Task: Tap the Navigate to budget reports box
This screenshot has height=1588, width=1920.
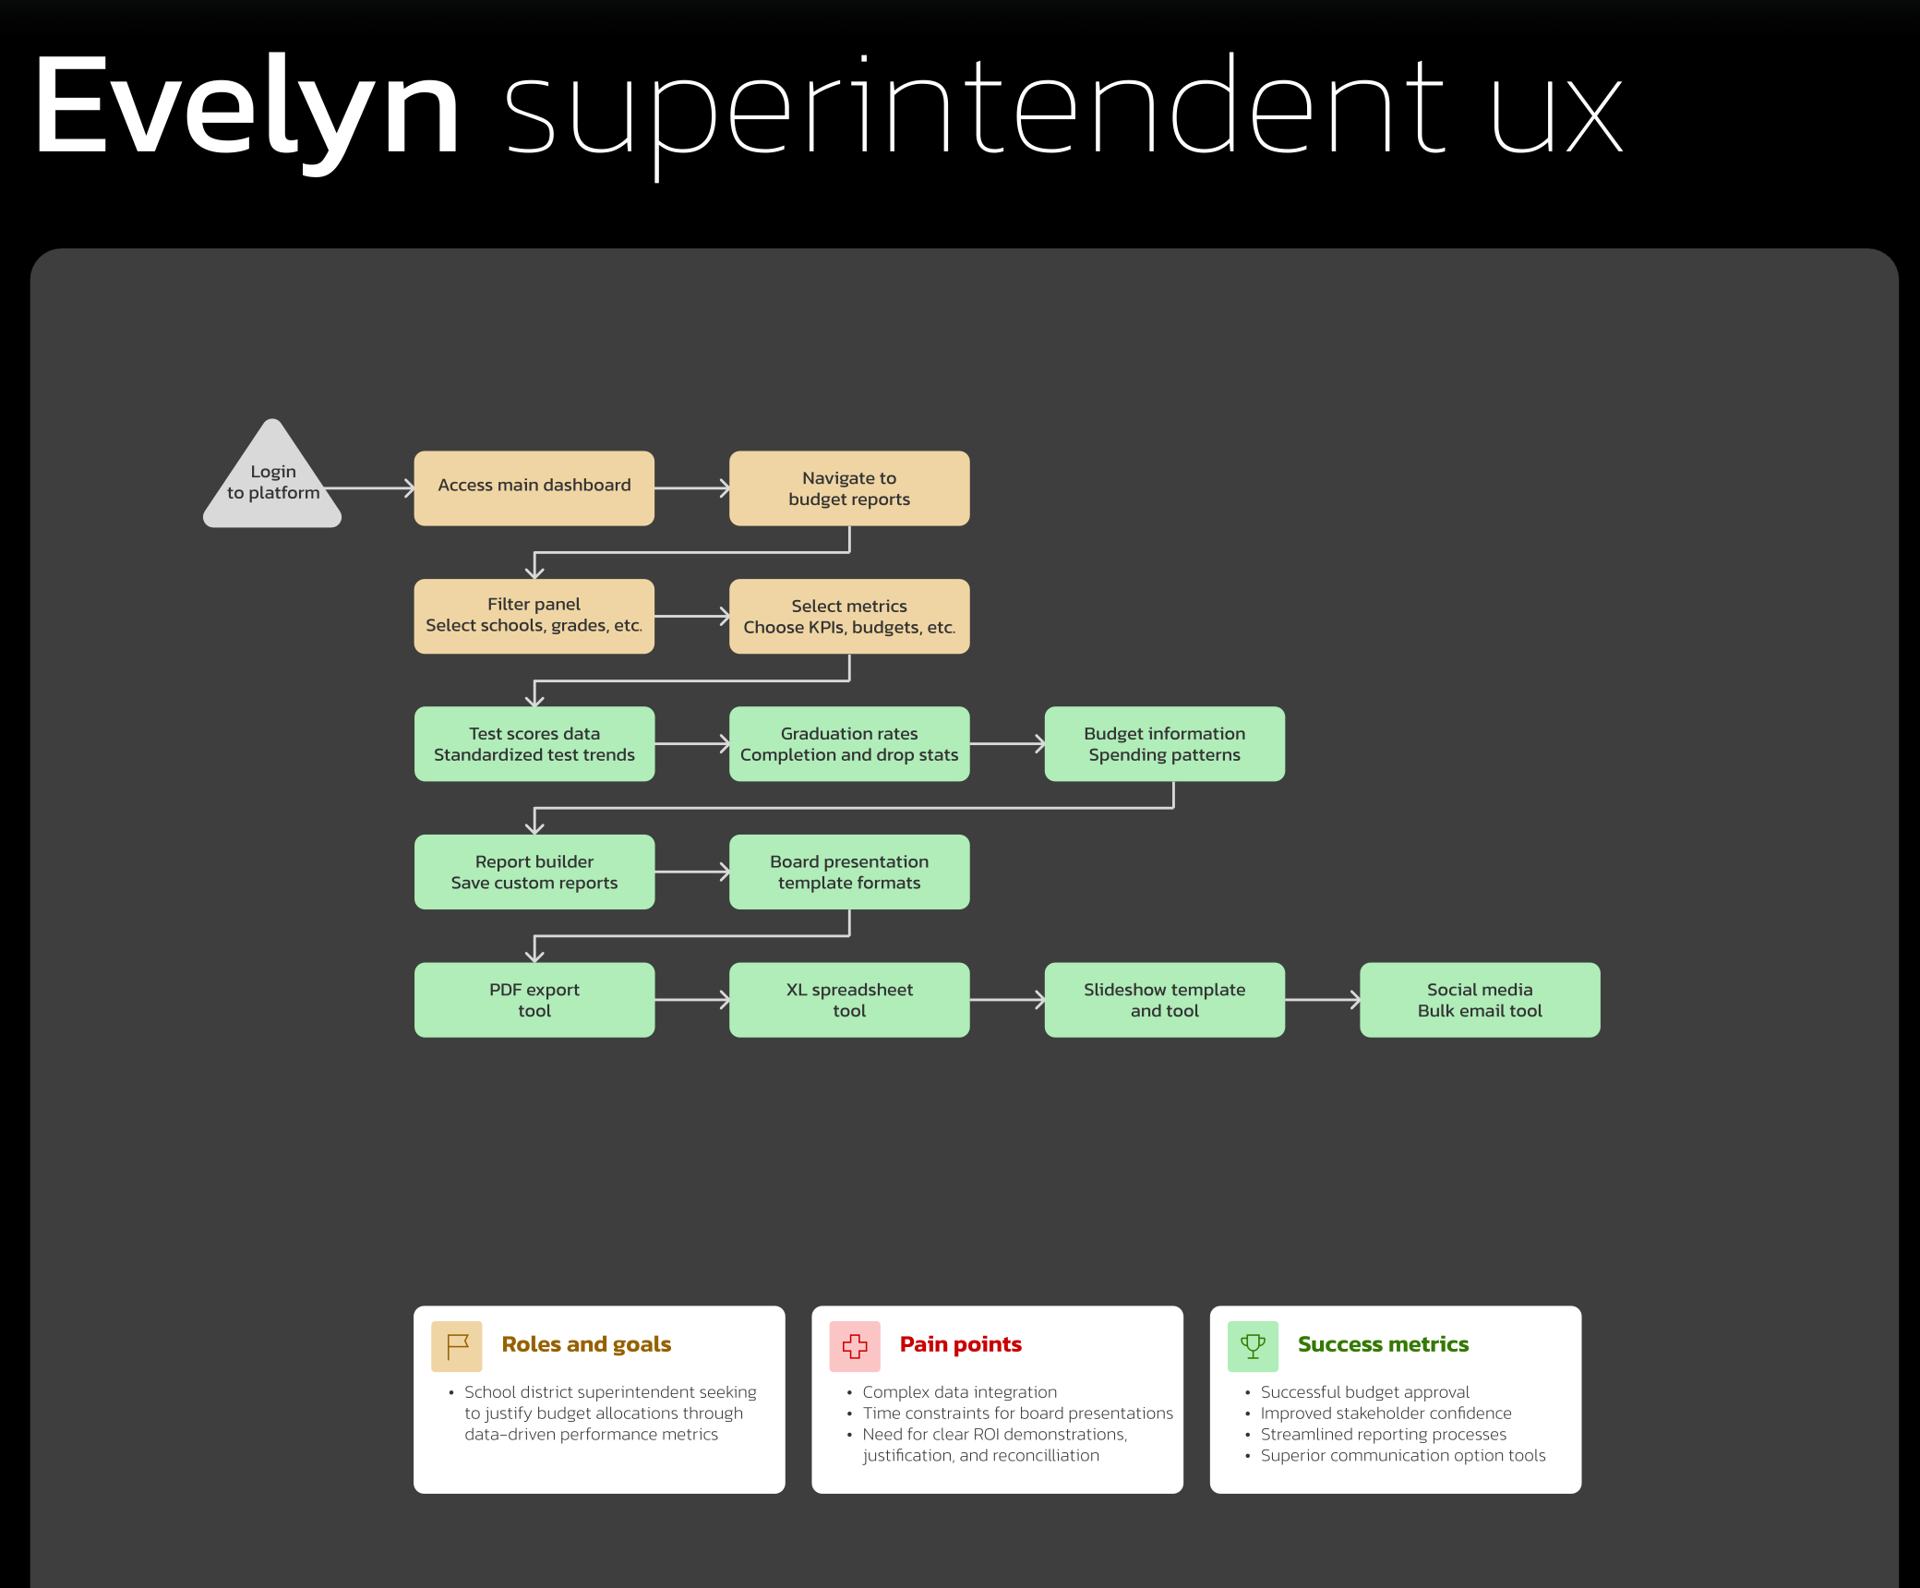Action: click(x=849, y=487)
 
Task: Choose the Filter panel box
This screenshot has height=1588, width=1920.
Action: click(x=534, y=616)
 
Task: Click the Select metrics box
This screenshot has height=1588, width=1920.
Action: click(x=849, y=616)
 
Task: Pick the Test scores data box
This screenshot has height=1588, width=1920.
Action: click(x=534, y=743)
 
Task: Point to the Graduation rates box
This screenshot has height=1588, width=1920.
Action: click(x=849, y=743)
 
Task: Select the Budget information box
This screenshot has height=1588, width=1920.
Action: click(x=1164, y=743)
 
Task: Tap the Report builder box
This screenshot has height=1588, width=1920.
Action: click(x=534, y=872)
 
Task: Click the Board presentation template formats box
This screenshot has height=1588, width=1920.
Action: click(x=849, y=872)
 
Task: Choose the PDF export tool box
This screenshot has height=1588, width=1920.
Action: click(x=534, y=1000)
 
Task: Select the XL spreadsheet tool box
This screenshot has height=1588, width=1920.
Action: click(x=849, y=1000)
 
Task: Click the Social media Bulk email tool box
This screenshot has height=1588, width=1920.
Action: click(x=1480, y=1000)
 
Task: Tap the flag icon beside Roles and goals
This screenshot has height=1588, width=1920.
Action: click(x=457, y=1346)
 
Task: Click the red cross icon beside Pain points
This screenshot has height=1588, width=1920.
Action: click(x=855, y=1346)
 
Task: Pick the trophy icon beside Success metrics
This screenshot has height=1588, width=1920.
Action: click(x=1253, y=1346)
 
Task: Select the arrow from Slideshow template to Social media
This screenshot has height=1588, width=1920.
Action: click(x=1322, y=1000)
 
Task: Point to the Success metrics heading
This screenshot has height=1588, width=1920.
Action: click(x=1383, y=1344)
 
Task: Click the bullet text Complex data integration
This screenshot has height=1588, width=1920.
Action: click(x=959, y=1391)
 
